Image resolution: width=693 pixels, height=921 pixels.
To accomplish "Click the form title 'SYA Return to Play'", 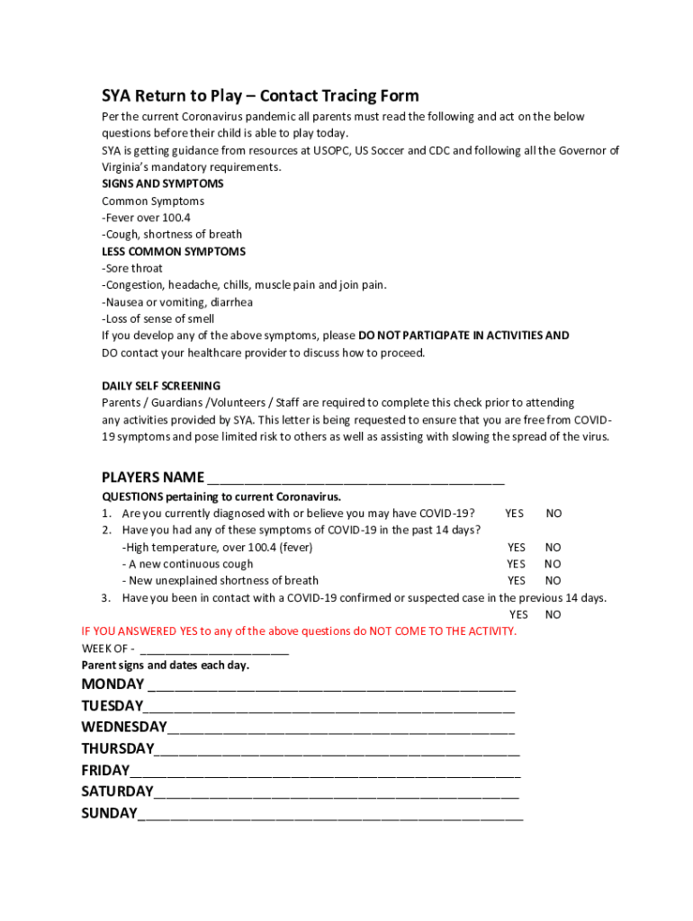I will [x=259, y=96].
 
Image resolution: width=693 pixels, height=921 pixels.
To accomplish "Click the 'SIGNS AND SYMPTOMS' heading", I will [x=163, y=183].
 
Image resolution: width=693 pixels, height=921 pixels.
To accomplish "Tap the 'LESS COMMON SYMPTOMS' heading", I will [x=174, y=252].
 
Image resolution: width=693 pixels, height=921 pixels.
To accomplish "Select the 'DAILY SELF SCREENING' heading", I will [x=161, y=386].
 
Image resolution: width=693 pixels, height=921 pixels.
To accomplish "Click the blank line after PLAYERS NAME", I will [x=355, y=478].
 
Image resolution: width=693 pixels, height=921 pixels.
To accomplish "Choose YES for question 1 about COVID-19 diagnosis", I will [x=514, y=514].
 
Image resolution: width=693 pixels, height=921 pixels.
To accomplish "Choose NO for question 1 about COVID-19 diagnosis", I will [x=553, y=514].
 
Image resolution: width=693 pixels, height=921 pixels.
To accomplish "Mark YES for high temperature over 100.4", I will [x=516, y=547].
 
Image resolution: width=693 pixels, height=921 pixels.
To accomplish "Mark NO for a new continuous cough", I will [x=553, y=564].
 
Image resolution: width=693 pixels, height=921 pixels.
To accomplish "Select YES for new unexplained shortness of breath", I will [x=516, y=581].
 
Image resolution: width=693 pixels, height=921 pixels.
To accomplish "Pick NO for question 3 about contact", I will [x=553, y=615].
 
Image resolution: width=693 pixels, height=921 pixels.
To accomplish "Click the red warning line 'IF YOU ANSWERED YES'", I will [x=299, y=631].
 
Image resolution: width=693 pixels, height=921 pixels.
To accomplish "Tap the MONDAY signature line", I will [x=332, y=685].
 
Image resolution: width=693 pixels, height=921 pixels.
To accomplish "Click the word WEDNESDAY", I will [x=124, y=727].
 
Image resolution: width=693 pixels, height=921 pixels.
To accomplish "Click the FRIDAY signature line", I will [x=325, y=772].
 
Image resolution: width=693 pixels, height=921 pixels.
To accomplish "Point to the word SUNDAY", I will [x=109, y=813].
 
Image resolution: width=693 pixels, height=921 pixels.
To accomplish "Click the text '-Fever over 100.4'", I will [x=146, y=218].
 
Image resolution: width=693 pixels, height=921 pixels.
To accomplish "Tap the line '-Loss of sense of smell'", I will [x=157, y=319].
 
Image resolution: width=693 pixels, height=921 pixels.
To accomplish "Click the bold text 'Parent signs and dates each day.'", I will [x=166, y=666].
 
